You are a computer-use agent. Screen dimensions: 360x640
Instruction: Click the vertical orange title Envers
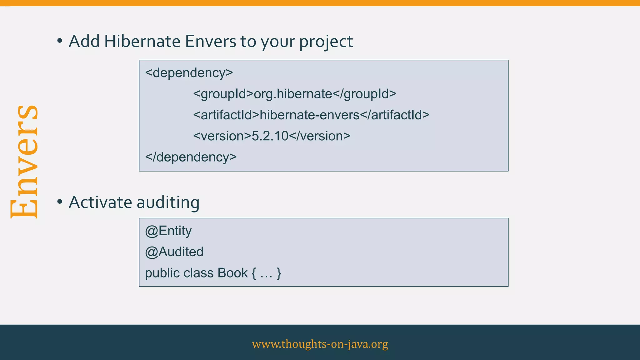coord(24,162)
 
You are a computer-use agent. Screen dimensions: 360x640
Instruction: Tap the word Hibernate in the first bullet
coord(142,41)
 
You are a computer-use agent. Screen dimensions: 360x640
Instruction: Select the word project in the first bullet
coord(326,42)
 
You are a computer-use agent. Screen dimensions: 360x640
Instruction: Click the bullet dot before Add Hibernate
coord(60,41)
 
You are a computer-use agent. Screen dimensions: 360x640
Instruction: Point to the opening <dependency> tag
coord(189,73)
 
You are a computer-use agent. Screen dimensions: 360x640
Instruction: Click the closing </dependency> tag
coord(191,157)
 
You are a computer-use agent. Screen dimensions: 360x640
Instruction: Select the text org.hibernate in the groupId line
coord(293,94)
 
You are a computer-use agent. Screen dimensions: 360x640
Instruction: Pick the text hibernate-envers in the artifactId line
coord(310,115)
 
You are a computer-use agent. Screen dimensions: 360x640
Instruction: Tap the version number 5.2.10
coord(270,136)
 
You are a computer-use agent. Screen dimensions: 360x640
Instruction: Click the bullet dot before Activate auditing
coord(60,202)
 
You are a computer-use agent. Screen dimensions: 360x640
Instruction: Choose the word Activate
coord(100,202)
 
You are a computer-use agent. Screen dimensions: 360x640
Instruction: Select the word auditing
coord(168,202)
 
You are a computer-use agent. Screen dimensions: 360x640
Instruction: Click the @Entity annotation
coord(168,231)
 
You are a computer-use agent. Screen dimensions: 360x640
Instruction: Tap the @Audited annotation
coord(174,252)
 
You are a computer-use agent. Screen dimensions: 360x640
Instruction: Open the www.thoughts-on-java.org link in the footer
coord(320,344)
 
